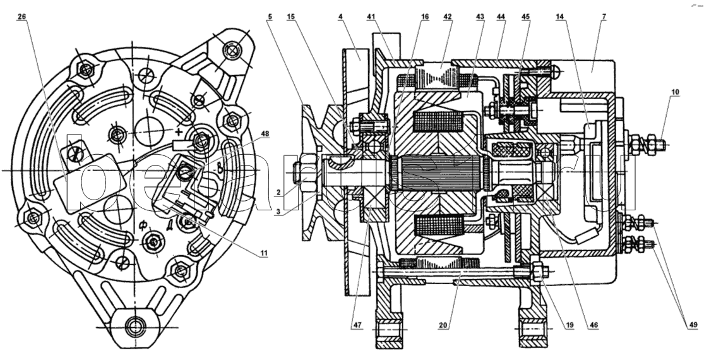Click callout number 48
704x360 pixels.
pyautogui.click(x=264, y=133)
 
